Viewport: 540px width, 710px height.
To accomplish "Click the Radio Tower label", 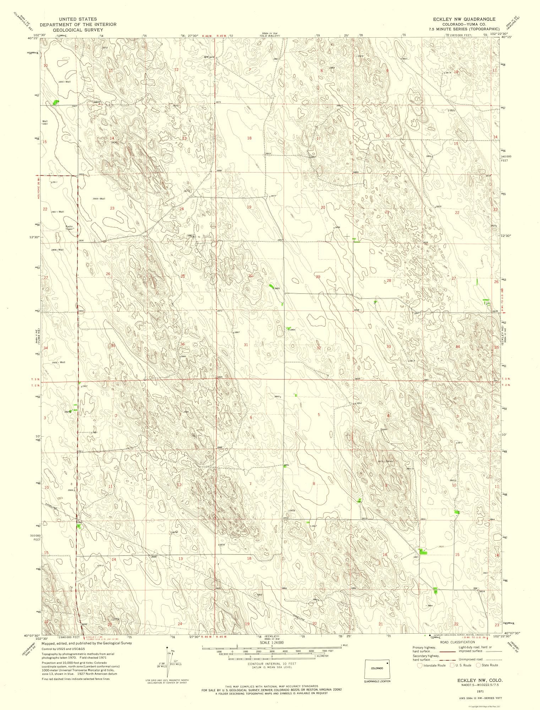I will coord(69,228).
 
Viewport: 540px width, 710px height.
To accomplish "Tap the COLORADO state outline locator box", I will coord(377,668).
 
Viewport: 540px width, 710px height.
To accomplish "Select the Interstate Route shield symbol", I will coord(420,665).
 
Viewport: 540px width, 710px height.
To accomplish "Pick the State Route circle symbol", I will coord(478,665).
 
